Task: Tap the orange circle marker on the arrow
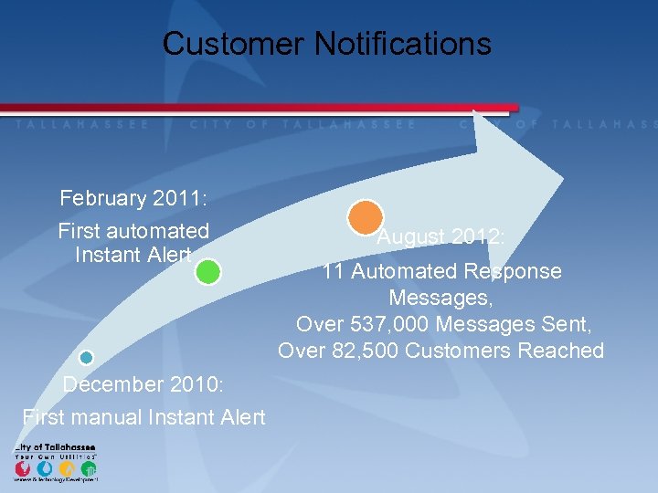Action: (x=366, y=216)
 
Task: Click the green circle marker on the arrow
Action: (x=208, y=272)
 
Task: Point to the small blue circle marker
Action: (x=86, y=358)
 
